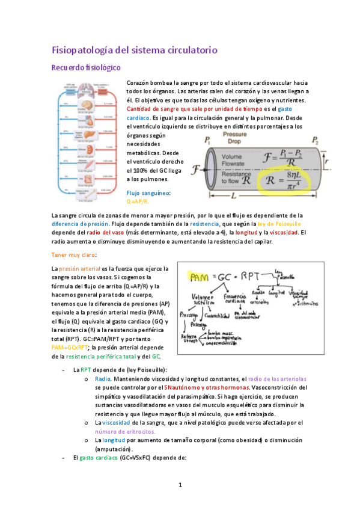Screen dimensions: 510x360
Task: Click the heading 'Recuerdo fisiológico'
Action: click(86, 67)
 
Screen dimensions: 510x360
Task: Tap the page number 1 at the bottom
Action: click(180, 485)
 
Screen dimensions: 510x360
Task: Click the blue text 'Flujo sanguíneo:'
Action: click(149, 192)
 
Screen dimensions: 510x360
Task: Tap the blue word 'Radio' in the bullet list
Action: click(103, 379)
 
